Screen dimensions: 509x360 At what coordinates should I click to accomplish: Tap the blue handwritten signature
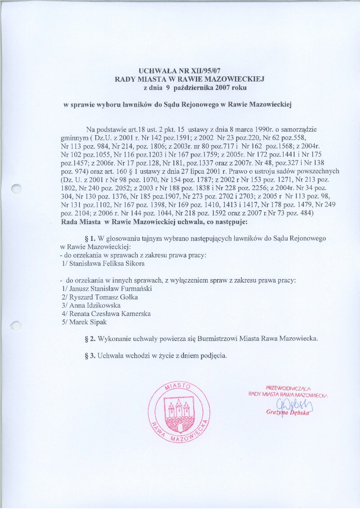(289, 404)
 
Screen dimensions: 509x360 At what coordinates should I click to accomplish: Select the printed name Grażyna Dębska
(288, 413)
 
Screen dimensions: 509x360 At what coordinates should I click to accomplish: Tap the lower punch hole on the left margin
(17, 325)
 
